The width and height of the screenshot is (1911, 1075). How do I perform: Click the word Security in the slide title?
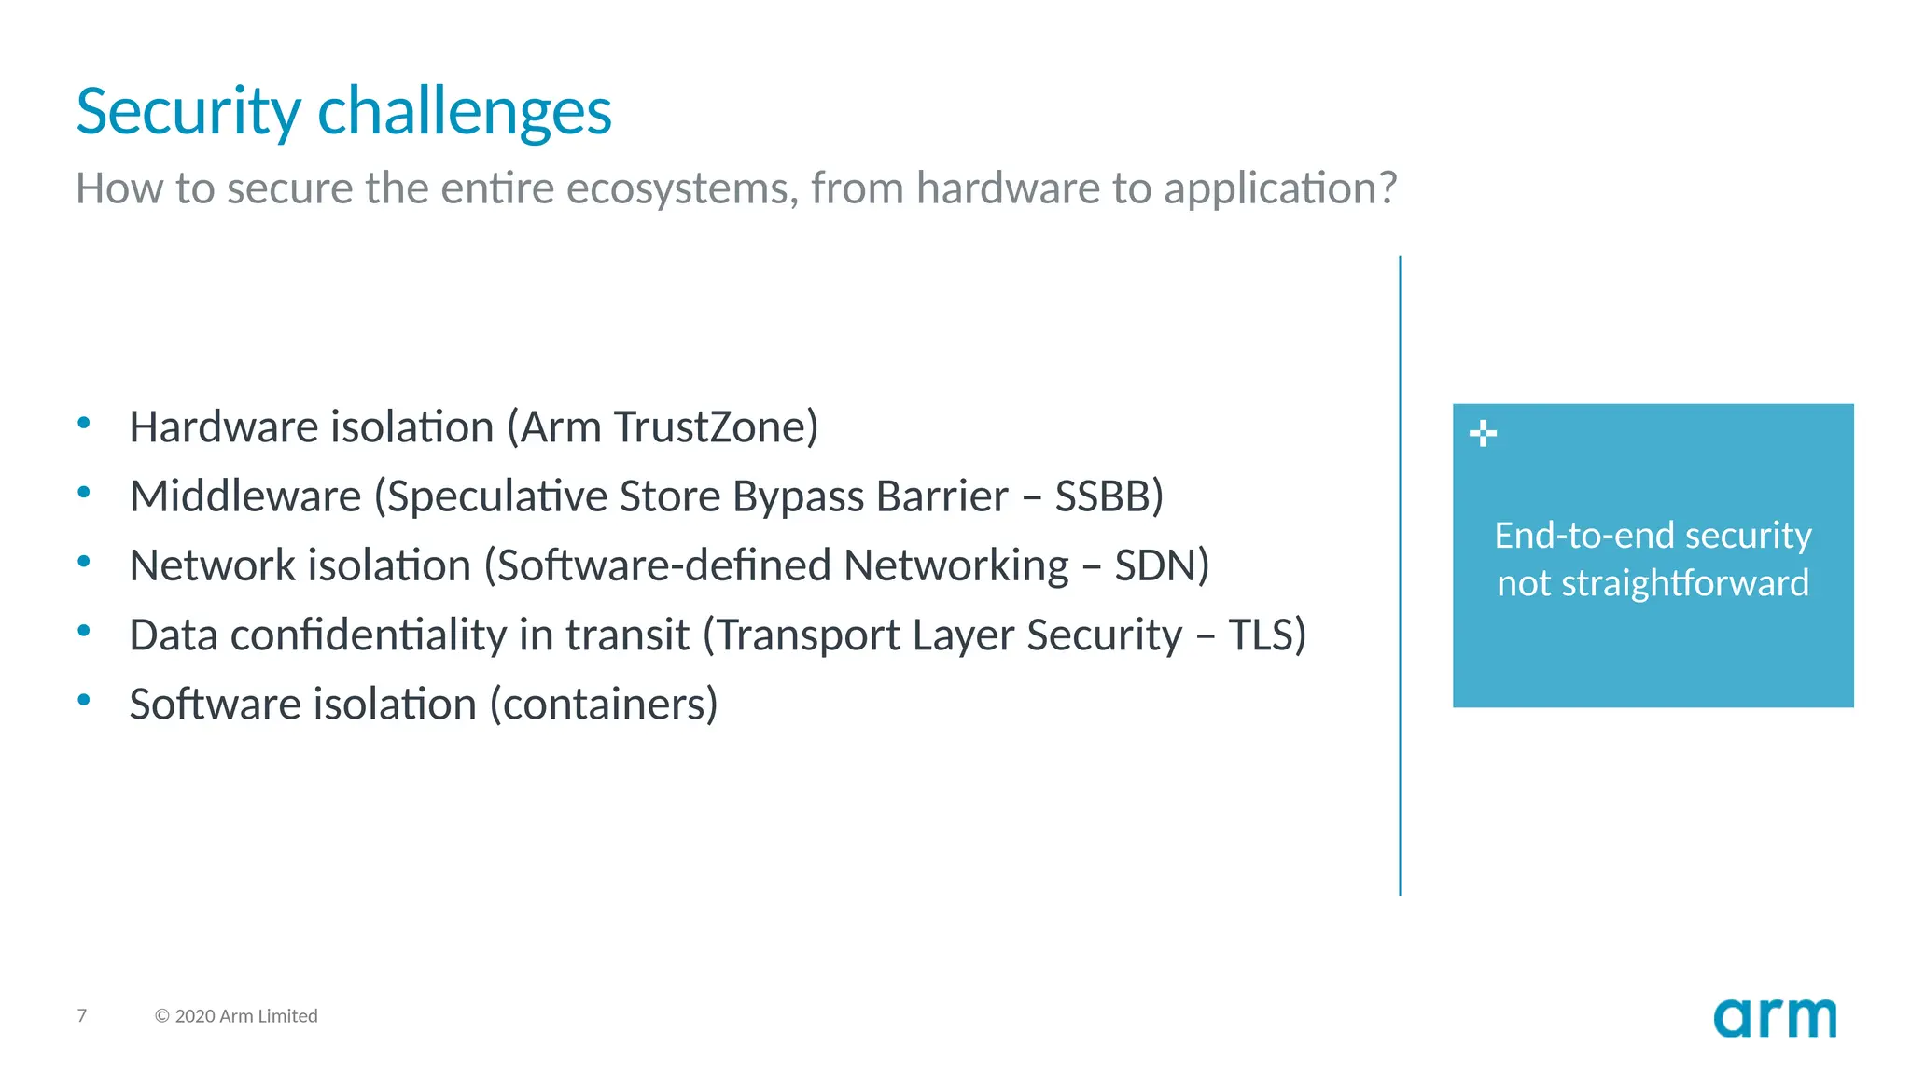pyautogui.click(x=188, y=113)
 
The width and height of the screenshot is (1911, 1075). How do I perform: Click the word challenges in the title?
pyautogui.click(x=464, y=113)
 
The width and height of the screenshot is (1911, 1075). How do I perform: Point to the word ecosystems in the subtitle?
pyautogui.click(x=682, y=188)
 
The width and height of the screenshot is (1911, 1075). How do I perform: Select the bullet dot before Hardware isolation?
pyautogui.click(x=84, y=424)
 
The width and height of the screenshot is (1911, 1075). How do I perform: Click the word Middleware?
pyautogui.click(x=245, y=496)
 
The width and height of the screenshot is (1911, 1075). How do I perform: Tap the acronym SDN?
pyautogui.click(x=1155, y=565)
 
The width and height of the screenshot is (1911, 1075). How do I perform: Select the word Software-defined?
pyautogui.click(x=663, y=565)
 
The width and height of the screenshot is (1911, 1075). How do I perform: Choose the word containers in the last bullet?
pyautogui.click(x=604, y=705)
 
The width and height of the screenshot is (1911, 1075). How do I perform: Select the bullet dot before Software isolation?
pyautogui.click(x=84, y=700)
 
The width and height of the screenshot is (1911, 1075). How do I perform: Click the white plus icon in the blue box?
pyautogui.click(x=1483, y=434)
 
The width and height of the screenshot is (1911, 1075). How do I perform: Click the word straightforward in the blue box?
pyautogui.click(x=1685, y=584)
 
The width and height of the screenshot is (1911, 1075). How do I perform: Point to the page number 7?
pyautogui.click(x=82, y=1015)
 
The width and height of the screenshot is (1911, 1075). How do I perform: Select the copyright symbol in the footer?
pyautogui.click(x=162, y=1016)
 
